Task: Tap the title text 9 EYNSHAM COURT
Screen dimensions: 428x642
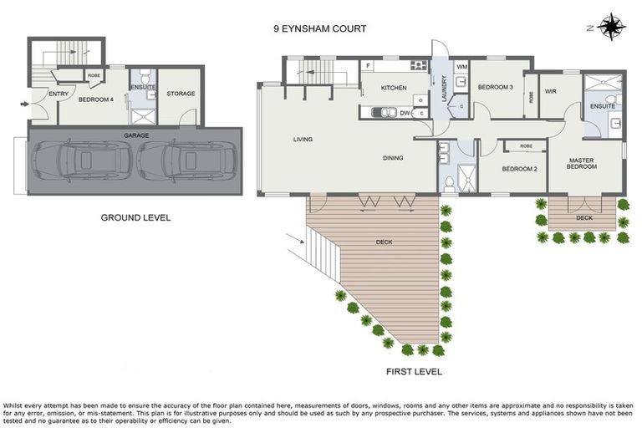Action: tap(320, 28)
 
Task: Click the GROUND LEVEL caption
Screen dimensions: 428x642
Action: tap(135, 217)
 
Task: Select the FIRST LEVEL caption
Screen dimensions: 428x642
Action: tap(415, 371)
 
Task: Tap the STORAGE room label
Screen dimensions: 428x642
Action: tap(181, 94)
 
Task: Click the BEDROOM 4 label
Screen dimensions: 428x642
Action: tap(96, 99)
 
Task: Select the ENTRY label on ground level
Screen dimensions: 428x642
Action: tap(59, 94)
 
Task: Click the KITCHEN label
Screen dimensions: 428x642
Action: tap(394, 88)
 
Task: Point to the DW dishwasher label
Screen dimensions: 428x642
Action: tap(405, 112)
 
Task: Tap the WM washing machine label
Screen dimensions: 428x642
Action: tap(462, 65)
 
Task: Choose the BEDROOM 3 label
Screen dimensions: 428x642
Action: tap(495, 87)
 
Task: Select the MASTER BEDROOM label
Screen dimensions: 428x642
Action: tap(582, 163)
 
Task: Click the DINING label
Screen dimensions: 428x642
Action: tap(393, 158)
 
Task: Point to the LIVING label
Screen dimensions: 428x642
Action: tap(303, 140)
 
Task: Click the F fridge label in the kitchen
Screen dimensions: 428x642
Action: tap(369, 65)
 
